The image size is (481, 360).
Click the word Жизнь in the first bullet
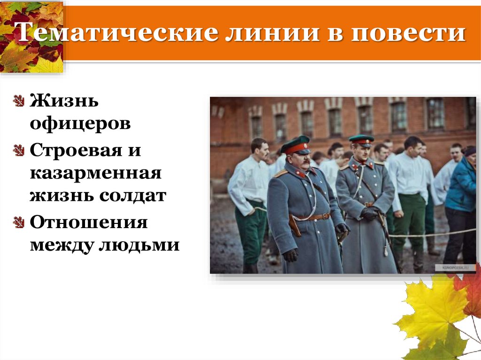[x=64, y=101]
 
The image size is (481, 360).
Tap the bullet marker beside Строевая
[x=19, y=151]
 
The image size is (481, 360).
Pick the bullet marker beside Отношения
[x=19, y=222]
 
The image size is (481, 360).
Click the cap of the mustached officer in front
[x=296, y=145]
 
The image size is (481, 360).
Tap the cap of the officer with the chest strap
[x=361, y=140]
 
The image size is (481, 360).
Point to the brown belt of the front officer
[x=312, y=217]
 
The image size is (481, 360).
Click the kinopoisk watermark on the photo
[x=453, y=268]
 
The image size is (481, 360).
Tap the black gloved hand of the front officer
[x=290, y=255]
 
